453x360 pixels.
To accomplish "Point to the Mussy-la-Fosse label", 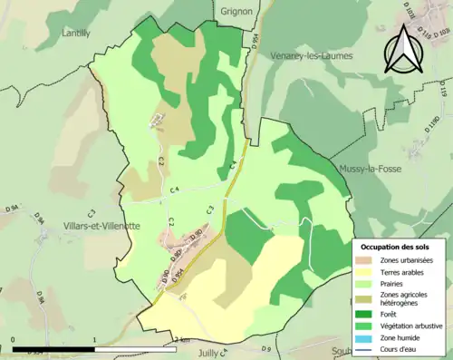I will (370, 169).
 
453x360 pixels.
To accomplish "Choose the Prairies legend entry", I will (393, 287).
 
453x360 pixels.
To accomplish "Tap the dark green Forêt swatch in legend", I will (364, 316).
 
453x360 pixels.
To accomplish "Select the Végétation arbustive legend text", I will (411, 328).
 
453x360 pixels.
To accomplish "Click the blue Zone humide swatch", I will (364, 341).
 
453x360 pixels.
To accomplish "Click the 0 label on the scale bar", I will (13, 341).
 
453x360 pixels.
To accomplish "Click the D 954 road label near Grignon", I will (255, 42).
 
